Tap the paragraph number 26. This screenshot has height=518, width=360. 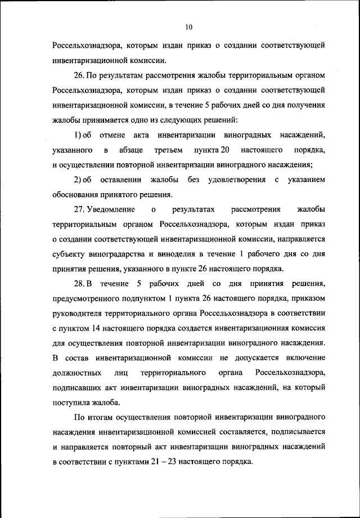coord(79,75)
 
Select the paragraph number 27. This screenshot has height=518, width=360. coord(79,210)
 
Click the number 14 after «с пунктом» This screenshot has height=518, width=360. coord(97,327)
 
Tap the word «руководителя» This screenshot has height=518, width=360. coord(80,312)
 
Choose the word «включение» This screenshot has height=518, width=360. coord(304,358)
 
